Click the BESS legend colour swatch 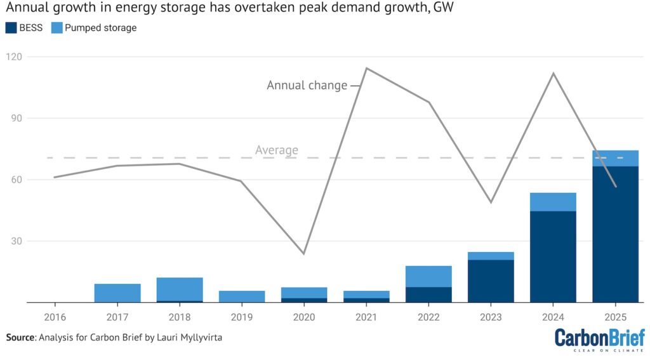(11, 28)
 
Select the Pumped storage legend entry (100, 28)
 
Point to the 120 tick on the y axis (13, 57)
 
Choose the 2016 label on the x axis (55, 316)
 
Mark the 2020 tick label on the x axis (304, 316)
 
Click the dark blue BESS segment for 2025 (615, 234)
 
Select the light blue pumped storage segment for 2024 (553, 202)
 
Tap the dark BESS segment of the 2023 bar (491, 281)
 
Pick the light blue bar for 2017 (117, 293)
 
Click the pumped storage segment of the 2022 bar (428, 276)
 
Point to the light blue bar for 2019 (242, 297)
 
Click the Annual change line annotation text (307, 85)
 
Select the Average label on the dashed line (277, 150)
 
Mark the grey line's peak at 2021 (367, 69)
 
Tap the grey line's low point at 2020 (304, 254)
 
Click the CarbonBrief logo (599, 339)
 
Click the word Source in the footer (20, 338)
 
